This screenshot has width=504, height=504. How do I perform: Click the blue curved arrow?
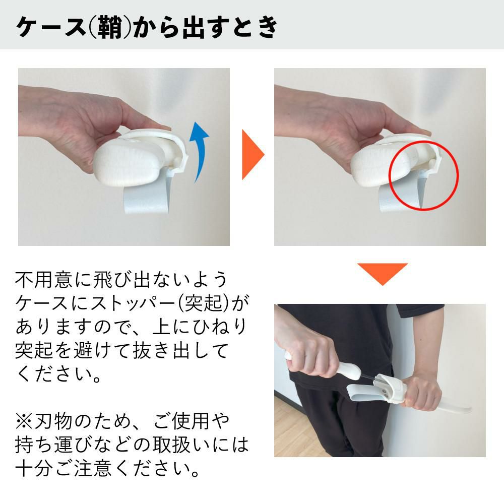coord(200,151)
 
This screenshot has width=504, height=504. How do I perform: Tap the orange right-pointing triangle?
coord(251,155)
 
